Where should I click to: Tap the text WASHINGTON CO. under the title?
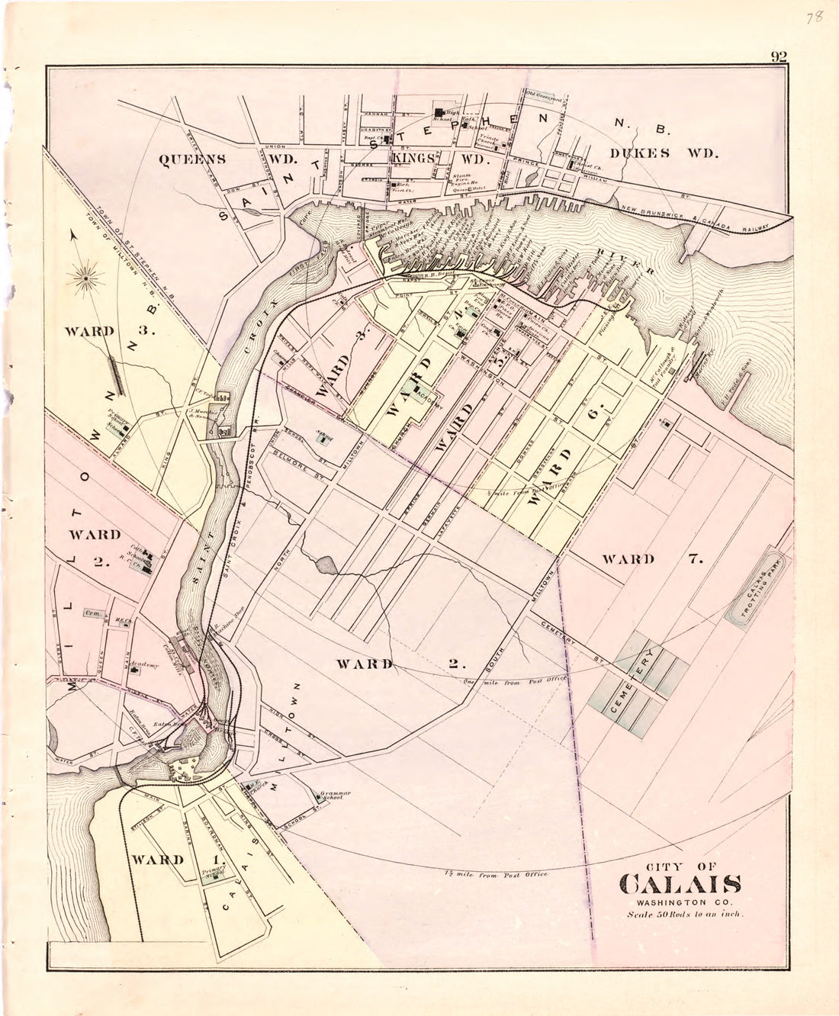[681, 902]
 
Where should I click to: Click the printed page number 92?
[779, 56]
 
